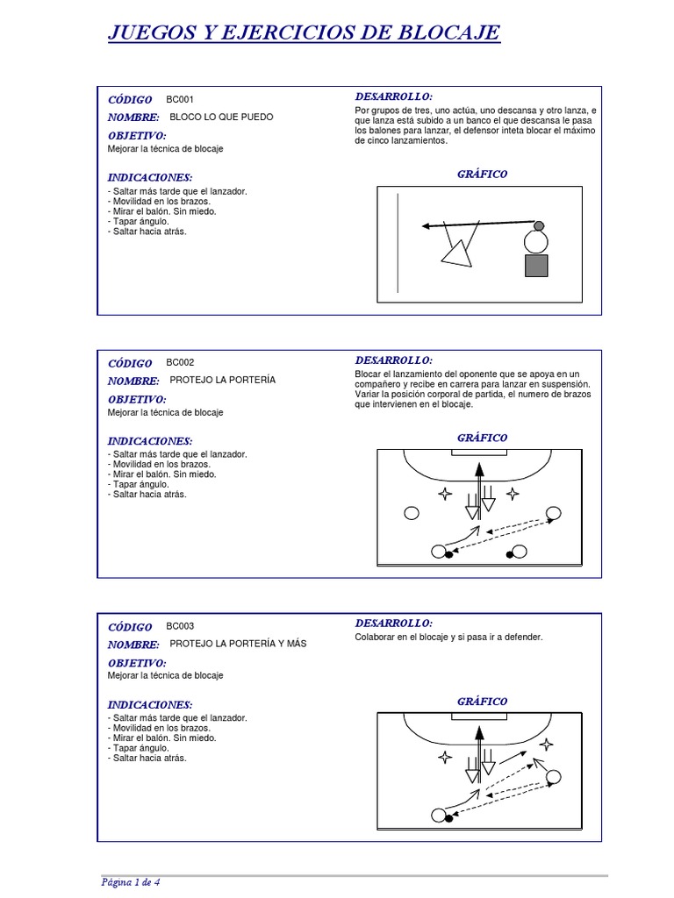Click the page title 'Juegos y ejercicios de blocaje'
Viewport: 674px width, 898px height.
click(x=304, y=33)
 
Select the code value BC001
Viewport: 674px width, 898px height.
click(x=180, y=99)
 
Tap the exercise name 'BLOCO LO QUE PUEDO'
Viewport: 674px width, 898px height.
click(x=221, y=117)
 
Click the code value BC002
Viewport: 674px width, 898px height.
click(x=180, y=362)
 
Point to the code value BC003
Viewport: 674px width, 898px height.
click(x=180, y=626)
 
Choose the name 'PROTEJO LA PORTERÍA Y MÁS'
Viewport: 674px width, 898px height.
click(x=238, y=644)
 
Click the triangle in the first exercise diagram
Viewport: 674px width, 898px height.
click(x=455, y=253)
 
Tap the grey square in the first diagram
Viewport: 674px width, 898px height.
click(x=536, y=266)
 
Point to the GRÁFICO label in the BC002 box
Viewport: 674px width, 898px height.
click(x=482, y=438)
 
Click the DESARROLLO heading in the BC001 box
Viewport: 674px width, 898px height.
click(x=394, y=96)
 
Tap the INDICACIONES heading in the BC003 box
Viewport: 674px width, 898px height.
click(x=150, y=704)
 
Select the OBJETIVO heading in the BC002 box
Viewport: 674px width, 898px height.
click(x=137, y=399)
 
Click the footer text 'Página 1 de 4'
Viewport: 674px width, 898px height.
click(x=130, y=881)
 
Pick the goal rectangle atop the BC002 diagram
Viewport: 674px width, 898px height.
click(x=479, y=452)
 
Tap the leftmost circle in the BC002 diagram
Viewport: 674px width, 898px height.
click(x=410, y=514)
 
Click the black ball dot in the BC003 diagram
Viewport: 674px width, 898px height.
click(x=449, y=818)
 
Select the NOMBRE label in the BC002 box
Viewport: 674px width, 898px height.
click(x=133, y=381)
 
